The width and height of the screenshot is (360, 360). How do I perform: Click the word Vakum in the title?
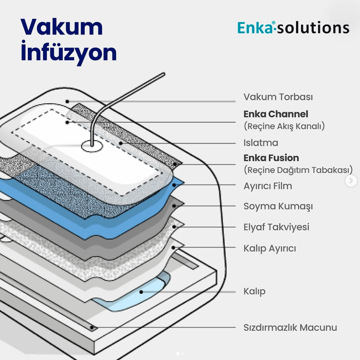pos(62,27)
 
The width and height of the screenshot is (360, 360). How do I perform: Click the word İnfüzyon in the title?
pos(69,52)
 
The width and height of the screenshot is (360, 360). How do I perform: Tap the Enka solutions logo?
pos(293,28)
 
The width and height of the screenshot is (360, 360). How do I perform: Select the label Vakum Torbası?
pos(278,97)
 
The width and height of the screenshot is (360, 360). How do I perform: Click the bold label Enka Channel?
pos(276,114)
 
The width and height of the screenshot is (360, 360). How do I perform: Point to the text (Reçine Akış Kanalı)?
pos(284,126)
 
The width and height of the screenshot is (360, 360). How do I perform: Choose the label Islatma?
pos(261,143)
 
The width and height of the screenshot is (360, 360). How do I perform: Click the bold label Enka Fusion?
pos(271,158)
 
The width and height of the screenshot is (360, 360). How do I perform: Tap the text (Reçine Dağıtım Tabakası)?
pos(298,170)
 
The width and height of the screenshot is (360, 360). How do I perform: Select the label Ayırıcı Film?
pos(268,186)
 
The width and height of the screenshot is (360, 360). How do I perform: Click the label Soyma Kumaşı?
pos(278,206)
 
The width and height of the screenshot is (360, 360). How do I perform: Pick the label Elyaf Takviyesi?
pos(276,227)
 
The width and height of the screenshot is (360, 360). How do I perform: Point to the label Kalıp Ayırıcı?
pos(270,248)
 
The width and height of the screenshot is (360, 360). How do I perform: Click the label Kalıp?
pos(254,291)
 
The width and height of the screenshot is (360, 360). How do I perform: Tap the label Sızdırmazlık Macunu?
pos(290,328)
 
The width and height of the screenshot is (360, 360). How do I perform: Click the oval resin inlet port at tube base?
pos(92,146)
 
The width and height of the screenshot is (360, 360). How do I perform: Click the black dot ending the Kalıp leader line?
pos(141,292)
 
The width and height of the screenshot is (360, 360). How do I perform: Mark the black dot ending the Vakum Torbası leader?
pos(67,102)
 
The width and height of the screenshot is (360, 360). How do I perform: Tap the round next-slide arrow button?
pos(351,181)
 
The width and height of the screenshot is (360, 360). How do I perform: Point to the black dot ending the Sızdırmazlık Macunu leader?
pos(92,328)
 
